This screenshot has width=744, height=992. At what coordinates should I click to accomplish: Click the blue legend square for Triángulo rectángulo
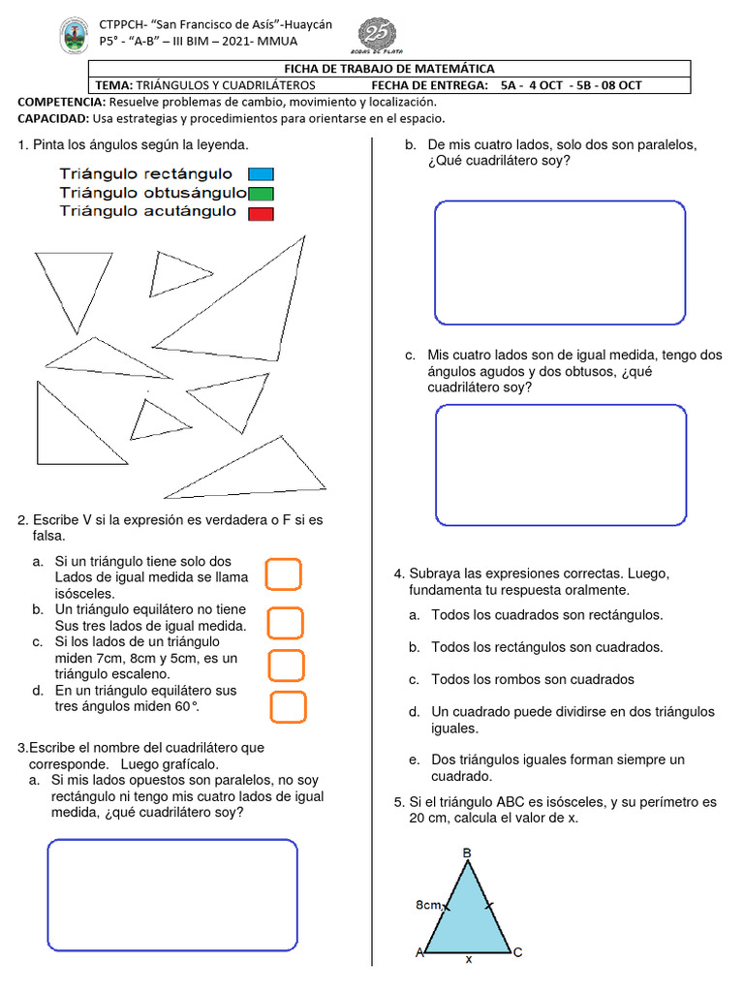261,174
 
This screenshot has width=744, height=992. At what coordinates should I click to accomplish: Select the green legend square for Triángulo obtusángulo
261,194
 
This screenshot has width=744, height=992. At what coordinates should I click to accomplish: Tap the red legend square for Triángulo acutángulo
261,213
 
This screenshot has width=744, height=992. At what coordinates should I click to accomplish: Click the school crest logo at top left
76,39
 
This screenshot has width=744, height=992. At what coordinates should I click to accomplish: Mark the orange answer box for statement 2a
284,574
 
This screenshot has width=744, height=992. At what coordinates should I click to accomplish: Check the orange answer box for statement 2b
286,622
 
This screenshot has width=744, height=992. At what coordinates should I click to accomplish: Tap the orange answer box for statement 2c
287,666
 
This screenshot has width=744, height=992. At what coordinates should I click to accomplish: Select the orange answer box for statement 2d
289,708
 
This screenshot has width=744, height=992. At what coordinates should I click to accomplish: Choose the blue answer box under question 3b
560,263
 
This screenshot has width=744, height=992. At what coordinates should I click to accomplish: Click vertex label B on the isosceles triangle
467,852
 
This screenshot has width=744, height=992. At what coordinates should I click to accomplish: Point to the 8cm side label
428,905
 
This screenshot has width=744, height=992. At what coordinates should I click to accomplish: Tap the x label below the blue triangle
469,959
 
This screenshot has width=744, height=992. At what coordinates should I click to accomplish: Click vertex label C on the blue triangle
517,952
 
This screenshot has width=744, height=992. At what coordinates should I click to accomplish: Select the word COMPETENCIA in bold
62,102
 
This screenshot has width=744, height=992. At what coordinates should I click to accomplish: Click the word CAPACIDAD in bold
54,118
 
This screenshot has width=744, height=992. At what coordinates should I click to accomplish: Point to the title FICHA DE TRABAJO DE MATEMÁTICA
388,69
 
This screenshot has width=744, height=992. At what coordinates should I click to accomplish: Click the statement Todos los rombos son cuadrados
532,679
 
